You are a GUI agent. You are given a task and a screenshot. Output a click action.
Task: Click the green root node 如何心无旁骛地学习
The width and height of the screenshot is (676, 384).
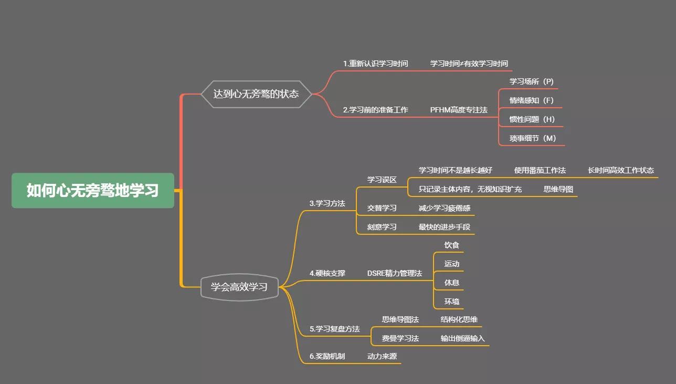(x=93, y=190)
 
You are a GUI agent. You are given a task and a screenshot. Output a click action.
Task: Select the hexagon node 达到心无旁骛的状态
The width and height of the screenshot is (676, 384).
(x=256, y=94)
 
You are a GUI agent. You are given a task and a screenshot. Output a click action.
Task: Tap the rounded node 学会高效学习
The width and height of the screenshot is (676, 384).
(x=239, y=287)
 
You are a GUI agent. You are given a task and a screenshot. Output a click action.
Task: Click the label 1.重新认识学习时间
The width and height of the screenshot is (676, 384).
(x=375, y=64)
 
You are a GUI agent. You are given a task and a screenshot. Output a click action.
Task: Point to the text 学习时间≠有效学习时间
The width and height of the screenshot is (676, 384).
(x=469, y=64)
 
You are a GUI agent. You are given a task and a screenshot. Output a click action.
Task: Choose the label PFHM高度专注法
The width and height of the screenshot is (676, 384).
(x=459, y=110)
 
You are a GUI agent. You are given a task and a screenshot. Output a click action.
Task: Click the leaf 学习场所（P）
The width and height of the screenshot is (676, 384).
(x=531, y=81)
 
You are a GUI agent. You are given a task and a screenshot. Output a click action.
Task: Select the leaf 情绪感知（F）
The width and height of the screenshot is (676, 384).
(x=531, y=100)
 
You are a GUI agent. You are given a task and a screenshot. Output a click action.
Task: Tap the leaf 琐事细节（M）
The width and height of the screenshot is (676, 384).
(x=532, y=138)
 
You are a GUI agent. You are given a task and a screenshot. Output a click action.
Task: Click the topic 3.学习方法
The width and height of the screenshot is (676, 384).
(x=327, y=203)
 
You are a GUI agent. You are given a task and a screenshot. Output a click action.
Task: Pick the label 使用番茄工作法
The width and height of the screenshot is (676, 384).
(x=540, y=170)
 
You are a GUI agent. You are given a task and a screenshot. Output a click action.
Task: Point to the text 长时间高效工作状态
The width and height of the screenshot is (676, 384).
(x=620, y=170)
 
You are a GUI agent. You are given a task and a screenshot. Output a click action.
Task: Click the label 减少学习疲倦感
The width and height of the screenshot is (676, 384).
(x=444, y=208)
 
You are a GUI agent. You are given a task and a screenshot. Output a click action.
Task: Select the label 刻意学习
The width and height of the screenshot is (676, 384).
(x=382, y=227)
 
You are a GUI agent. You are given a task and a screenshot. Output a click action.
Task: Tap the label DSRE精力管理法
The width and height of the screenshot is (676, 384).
(x=394, y=273)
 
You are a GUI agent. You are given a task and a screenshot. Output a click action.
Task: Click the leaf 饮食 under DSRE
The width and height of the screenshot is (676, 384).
(x=451, y=245)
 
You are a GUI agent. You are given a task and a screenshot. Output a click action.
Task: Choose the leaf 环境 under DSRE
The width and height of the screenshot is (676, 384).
(x=451, y=302)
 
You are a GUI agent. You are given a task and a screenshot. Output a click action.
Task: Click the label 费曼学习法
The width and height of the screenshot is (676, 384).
(x=400, y=338)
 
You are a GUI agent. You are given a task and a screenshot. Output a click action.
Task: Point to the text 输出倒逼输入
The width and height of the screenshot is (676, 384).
(x=462, y=338)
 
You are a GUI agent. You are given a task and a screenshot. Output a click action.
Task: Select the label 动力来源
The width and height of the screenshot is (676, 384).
(x=382, y=356)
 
